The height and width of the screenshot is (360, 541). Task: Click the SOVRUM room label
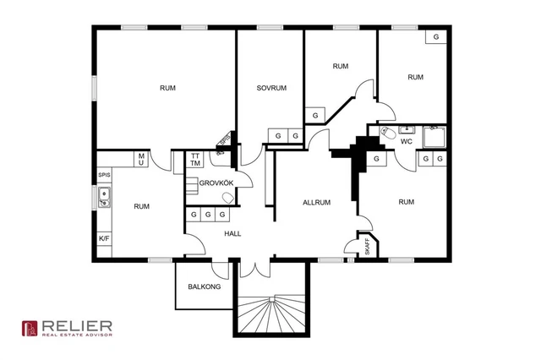point(271,88)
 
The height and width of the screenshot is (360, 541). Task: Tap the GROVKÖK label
point(216,183)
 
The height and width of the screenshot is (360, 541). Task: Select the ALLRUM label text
point(316,203)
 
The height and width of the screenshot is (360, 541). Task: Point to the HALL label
point(232,233)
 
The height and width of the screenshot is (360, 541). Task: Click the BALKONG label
point(205,286)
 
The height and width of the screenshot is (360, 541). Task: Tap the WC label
point(407,141)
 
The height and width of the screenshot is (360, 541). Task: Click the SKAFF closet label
point(367,246)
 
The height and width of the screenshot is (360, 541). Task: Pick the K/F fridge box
point(104,238)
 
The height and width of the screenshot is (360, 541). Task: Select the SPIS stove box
point(104,175)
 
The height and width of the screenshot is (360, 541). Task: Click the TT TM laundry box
point(195,160)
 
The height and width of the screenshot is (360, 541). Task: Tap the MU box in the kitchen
point(141,160)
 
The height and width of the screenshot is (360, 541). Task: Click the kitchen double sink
point(104,197)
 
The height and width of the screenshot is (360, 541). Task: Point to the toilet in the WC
point(388,133)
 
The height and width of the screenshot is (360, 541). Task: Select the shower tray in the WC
point(434,137)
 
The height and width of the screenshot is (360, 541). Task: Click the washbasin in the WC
point(407,129)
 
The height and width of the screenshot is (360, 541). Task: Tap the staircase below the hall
point(272,314)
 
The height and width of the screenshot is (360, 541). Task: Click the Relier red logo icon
point(30,328)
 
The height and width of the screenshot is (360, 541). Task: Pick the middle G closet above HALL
point(208,215)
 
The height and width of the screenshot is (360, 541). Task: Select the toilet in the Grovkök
point(227,198)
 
